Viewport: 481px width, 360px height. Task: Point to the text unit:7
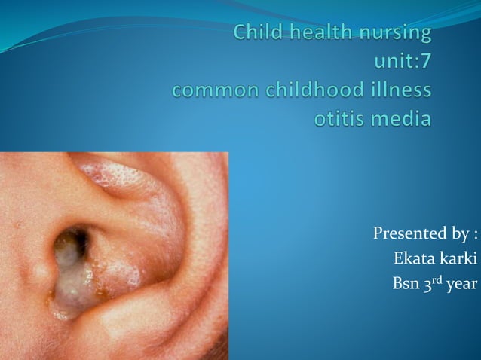point(402,63)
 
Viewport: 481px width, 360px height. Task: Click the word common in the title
point(211,91)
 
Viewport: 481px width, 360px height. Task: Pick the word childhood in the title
point(310,90)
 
